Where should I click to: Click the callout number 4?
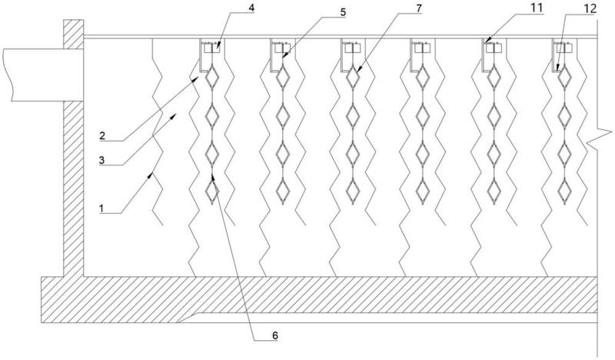(251, 8)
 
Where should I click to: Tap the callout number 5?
(343, 12)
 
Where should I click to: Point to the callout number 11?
(537, 8)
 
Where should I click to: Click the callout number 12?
(590, 8)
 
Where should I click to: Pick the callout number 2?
(102, 136)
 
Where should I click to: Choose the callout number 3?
(102, 160)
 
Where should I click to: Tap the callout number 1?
(101, 208)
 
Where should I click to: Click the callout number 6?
(275, 335)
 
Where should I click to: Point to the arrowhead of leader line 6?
(213, 177)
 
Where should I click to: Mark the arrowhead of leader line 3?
(175, 115)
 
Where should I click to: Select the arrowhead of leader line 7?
(357, 69)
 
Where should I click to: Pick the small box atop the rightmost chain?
(564, 48)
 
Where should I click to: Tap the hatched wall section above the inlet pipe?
(73, 34)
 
